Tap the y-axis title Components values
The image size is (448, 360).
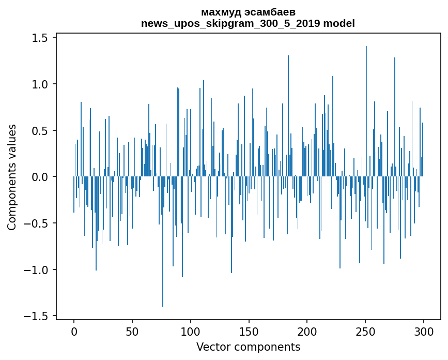(x=12, y=177)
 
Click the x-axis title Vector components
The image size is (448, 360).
(x=248, y=347)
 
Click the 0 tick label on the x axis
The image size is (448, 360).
(x=74, y=331)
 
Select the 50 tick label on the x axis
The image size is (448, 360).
(x=132, y=331)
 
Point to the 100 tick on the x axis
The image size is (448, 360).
(x=191, y=331)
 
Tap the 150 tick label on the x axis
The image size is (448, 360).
(x=249, y=331)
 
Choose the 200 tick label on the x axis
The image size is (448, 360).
(x=307, y=331)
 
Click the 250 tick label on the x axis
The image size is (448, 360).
(x=365, y=331)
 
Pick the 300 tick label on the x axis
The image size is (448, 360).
(x=424, y=331)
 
